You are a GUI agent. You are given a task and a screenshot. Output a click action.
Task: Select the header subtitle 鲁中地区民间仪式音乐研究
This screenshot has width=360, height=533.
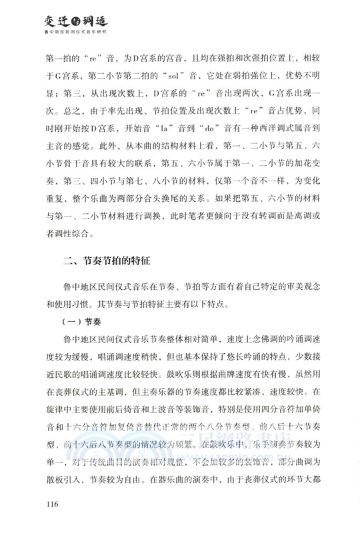coord(75,31)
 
